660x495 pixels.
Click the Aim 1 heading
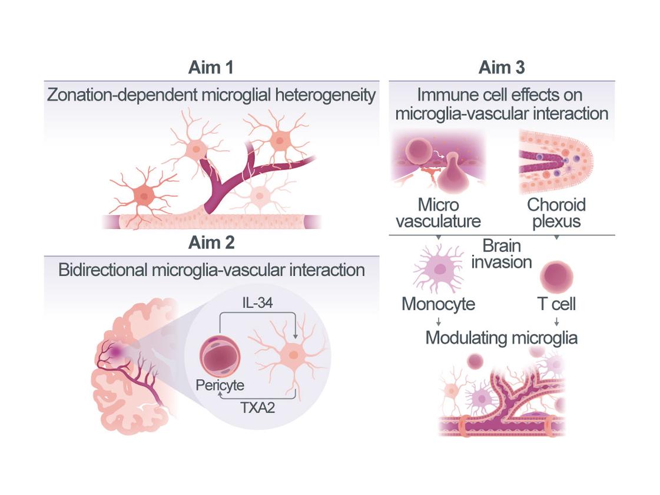point(211,67)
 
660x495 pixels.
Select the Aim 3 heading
point(502,67)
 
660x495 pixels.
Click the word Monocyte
point(439,304)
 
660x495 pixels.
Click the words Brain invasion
point(502,254)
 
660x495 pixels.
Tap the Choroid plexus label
point(556,213)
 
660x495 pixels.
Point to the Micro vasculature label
point(438,213)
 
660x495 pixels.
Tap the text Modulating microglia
point(501,338)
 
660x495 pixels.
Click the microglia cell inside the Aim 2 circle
point(291,356)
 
